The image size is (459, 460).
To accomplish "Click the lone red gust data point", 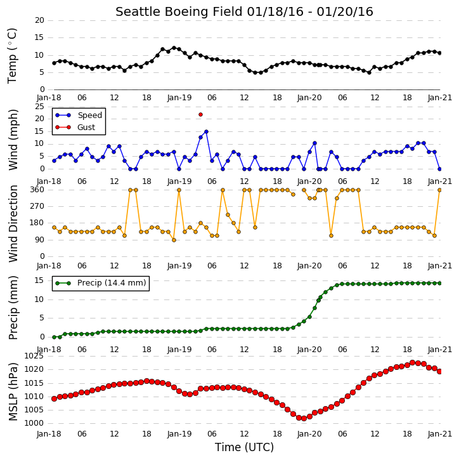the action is pyautogui.click(x=200, y=115).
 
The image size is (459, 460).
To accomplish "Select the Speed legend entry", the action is pyautogui.click(x=79, y=115).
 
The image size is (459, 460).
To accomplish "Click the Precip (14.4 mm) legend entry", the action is pyautogui.click(x=101, y=283).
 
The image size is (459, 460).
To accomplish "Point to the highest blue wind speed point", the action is pyautogui.click(x=206, y=132).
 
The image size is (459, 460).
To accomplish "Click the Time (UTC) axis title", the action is pyautogui.click(x=244, y=447).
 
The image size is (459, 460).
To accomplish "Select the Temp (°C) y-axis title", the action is pyautogui.click(x=12, y=56).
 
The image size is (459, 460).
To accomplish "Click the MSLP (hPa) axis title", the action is pyautogui.click(x=13, y=391).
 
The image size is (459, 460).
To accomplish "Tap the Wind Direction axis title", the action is pyautogui.click(x=13, y=223).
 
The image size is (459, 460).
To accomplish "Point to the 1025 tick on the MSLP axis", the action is pyautogui.click(x=34, y=356).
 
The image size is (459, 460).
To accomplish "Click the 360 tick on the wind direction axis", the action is pyautogui.click(x=37, y=190).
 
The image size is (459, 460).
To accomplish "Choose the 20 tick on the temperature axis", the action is pyautogui.click(x=39, y=20).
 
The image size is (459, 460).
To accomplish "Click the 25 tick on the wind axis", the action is pyautogui.click(x=39, y=107).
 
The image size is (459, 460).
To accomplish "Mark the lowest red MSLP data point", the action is pyautogui.click(x=304, y=418).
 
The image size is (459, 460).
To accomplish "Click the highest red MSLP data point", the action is pyautogui.click(x=412, y=362).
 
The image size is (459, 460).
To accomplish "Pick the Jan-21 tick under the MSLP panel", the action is pyautogui.click(x=439, y=434).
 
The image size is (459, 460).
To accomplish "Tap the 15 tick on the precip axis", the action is pyautogui.click(x=39, y=280).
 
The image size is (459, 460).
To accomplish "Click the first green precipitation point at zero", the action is pyautogui.click(x=55, y=338).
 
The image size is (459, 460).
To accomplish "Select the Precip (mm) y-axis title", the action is pyautogui.click(x=13, y=308).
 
